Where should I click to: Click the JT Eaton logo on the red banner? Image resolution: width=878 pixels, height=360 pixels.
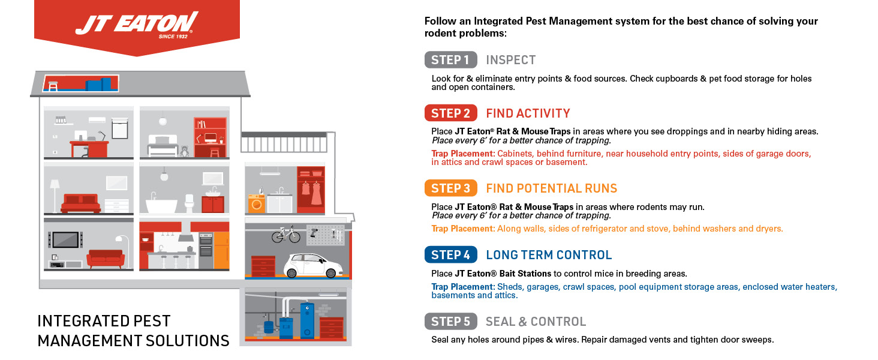coord(137,25)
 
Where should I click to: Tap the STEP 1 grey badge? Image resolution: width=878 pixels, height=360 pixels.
coord(451,59)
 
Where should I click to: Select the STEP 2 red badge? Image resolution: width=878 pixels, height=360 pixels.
coord(451,113)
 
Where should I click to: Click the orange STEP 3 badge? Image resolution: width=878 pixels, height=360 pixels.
coord(451,188)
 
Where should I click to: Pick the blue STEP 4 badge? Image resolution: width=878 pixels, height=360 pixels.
coord(451,254)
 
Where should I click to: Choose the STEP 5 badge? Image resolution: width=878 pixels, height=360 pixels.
coord(451,321)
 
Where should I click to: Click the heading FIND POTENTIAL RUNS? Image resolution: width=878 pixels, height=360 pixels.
coord(552,188)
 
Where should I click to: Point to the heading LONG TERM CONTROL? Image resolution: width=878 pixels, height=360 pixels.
coord(549,255)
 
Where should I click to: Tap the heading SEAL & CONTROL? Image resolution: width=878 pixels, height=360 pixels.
coord(536,322)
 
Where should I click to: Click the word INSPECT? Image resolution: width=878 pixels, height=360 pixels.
coord(511,60)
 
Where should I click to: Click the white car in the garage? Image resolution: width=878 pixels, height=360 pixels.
coord(313,265)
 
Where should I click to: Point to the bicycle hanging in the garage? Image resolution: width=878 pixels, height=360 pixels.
coord(286,234)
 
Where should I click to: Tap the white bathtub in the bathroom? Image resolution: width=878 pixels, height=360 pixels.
coord(161,205)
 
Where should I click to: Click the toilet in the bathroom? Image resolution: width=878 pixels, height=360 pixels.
coord(190,203)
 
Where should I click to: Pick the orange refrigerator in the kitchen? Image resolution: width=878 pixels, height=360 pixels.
coord(221,251)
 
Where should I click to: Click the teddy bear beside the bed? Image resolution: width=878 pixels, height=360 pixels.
coord(184,151)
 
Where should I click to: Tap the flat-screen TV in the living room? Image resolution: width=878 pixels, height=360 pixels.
coord(65,239)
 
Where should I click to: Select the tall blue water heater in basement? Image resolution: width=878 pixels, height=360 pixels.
coord(307,320)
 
